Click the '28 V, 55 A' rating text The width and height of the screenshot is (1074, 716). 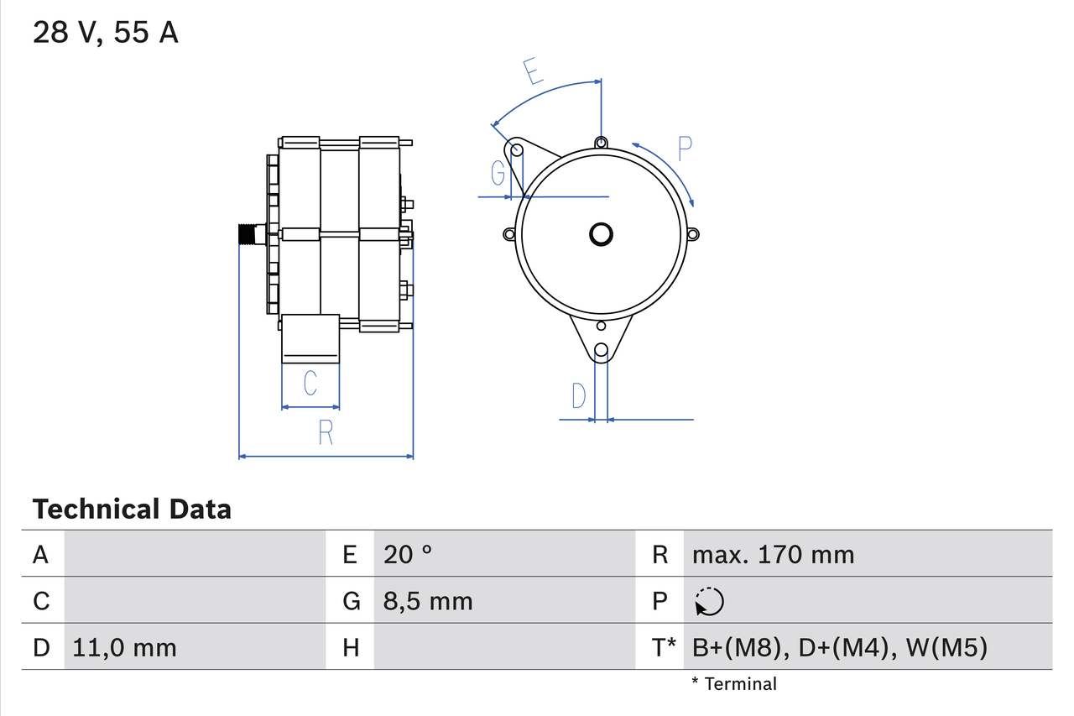105,33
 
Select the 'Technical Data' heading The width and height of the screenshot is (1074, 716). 132,509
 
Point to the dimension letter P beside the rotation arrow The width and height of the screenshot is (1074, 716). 685,149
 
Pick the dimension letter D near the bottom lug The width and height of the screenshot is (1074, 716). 579,395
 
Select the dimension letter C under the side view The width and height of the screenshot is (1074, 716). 310,384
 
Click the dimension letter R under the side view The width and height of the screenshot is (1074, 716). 326,432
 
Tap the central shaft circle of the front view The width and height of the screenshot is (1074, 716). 601,234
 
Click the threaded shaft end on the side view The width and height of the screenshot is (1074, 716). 248,234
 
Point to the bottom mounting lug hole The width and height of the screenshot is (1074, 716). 601,350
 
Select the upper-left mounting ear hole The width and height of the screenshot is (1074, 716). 518,150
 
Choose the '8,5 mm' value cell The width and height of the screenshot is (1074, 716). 428,601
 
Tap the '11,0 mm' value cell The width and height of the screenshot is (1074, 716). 125,647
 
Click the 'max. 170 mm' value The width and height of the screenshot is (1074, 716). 773,554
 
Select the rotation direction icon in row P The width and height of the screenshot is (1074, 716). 709,601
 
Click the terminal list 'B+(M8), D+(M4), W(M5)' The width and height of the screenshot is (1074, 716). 839,647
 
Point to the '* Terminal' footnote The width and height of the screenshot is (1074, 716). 734,684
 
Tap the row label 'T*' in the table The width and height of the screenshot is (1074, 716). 664,647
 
